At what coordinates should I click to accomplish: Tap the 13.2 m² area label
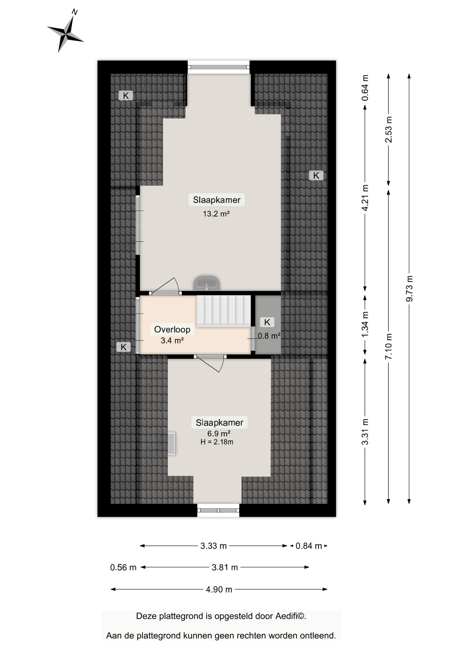(216, 214)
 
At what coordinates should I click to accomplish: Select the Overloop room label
(172, 329)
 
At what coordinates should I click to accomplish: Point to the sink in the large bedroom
(207, 283)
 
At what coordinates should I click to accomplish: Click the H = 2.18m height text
(217, 442)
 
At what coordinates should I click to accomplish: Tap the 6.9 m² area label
(219, 433)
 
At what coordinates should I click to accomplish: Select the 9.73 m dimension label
(409, 289)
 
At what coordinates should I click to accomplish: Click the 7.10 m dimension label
(389, 346)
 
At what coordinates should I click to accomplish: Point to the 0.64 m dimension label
(365, 88)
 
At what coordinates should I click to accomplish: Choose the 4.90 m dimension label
(219, 590)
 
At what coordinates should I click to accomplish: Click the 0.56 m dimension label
(123, 568)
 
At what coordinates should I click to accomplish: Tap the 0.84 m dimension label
(309, 546)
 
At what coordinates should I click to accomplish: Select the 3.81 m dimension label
(225, 568)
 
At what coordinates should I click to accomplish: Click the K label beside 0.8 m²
(267, 322)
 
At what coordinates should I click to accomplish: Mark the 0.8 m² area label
(269, 336)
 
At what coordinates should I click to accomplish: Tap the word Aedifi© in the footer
(291, 616)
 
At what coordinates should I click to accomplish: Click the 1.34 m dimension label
(365, 324)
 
